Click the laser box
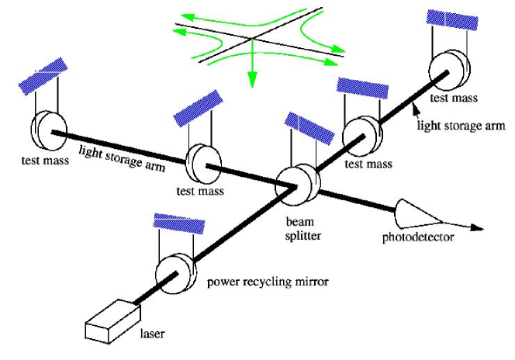(109, 320)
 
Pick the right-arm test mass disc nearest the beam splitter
(358, 133)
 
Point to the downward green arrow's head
(251, 81)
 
